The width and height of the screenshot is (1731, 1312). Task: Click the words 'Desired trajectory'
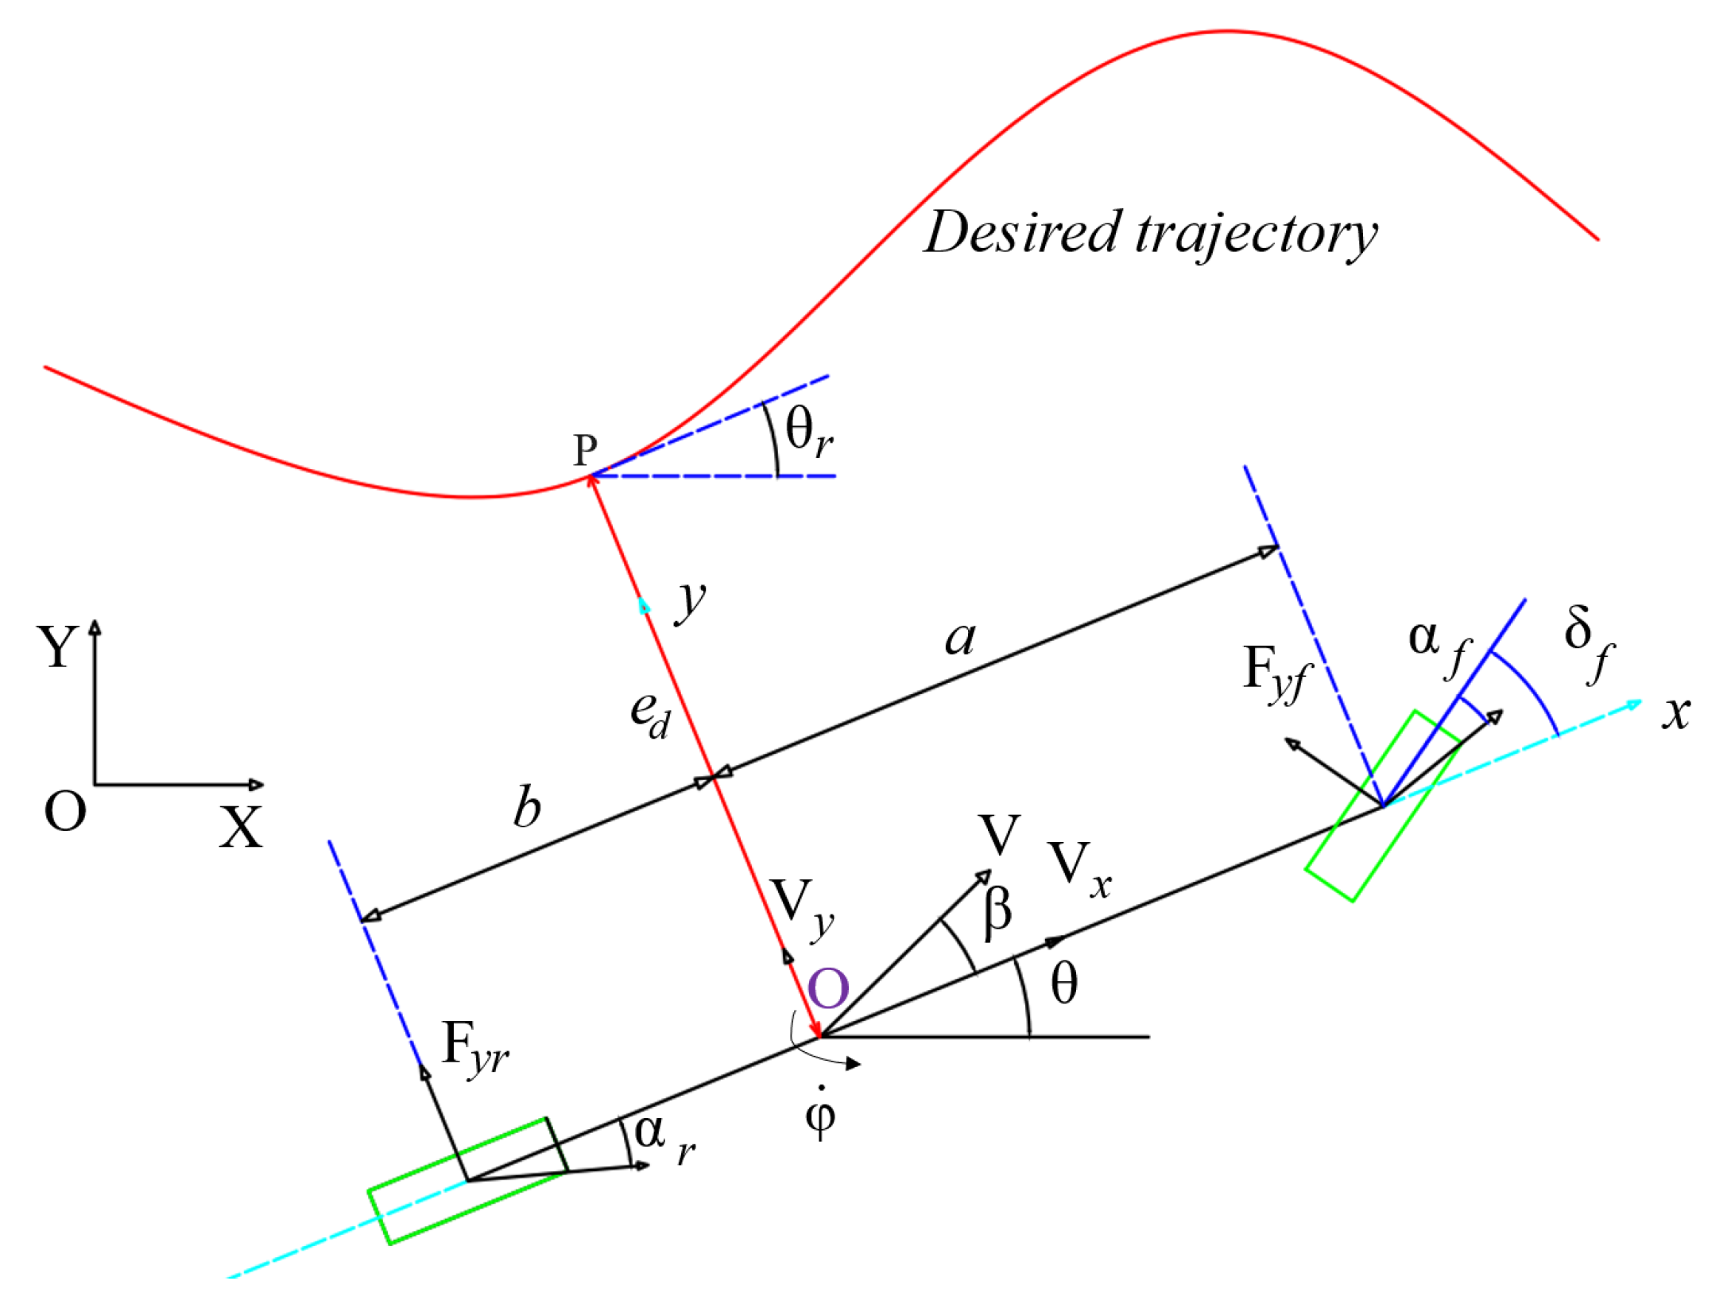coord(1150,234)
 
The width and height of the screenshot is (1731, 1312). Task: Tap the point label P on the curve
coord(586,451)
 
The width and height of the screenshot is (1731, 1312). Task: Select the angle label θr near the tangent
coord(808,433)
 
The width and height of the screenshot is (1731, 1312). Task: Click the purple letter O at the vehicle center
coord(828,989)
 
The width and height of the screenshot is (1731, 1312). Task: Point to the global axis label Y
coord(57,646)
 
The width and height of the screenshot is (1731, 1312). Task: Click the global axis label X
coord(241,829)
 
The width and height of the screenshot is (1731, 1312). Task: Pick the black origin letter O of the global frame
coord(65,813)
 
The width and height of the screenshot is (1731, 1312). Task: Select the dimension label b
coord(527,808)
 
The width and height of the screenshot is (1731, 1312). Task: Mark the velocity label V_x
coord(1079,871)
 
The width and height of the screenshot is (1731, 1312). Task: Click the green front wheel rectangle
coord(1382,805)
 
